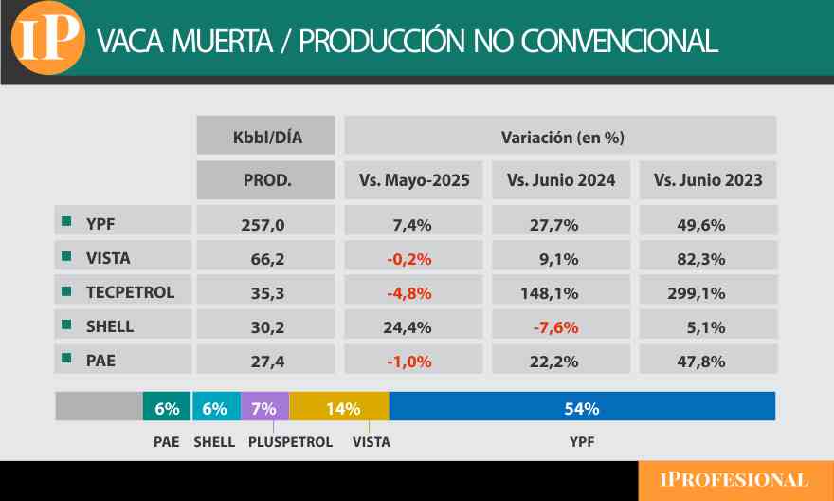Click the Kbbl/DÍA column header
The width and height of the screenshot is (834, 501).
click(x=266, y=137)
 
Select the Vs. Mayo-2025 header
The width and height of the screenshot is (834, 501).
click(x=414, y=180)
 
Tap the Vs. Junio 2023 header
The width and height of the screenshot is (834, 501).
click(x=708, y=180)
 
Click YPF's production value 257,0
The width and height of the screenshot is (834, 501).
click(x=266, y=225)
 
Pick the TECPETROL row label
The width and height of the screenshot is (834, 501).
click(x=130, y=292)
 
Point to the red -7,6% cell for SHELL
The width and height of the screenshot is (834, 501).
click(x=561, y=326)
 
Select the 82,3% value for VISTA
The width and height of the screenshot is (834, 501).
click(x=707, y=258)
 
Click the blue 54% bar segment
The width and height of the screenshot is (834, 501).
click(x=582, y=408)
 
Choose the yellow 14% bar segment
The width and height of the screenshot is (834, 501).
click(x=339, y=408)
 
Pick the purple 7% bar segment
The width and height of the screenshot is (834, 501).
click(x=264, y=408)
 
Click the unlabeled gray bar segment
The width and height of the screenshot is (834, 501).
click(x=99, y=408)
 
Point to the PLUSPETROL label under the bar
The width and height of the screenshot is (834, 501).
click(x=290, y=442)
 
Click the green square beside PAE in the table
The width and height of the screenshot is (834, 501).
click(x=66, y=360)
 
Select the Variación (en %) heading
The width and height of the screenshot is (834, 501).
click(x=561, y=137)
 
